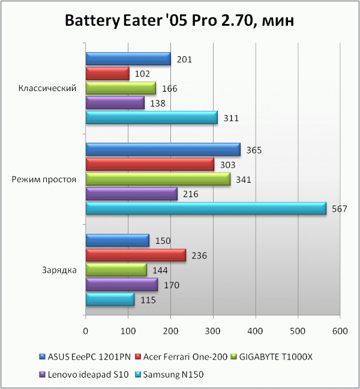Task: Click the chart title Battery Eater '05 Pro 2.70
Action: (x=179, y=22)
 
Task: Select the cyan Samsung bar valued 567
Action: (x=206, y=208)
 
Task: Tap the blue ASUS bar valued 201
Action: (x=128, y=59)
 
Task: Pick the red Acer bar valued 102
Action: (x=107, y=74)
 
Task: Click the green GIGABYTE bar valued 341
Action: (x=158, y=179)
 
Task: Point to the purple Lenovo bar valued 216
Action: (x=131, y=194)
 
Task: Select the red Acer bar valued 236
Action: (x=136, y=255)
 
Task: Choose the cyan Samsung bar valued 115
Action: (x=110, y=299)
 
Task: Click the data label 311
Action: (x=231, y=118)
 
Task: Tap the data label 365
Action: (x=254, y=150)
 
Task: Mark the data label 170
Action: (x=172, y=285)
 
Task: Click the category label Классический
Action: (x=47, y=89)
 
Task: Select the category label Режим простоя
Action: (x=46, y=179)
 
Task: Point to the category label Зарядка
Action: (x=58, y=270)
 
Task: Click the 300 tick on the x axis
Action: (x=213, y=330)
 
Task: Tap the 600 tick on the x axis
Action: (x=340, y=330)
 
